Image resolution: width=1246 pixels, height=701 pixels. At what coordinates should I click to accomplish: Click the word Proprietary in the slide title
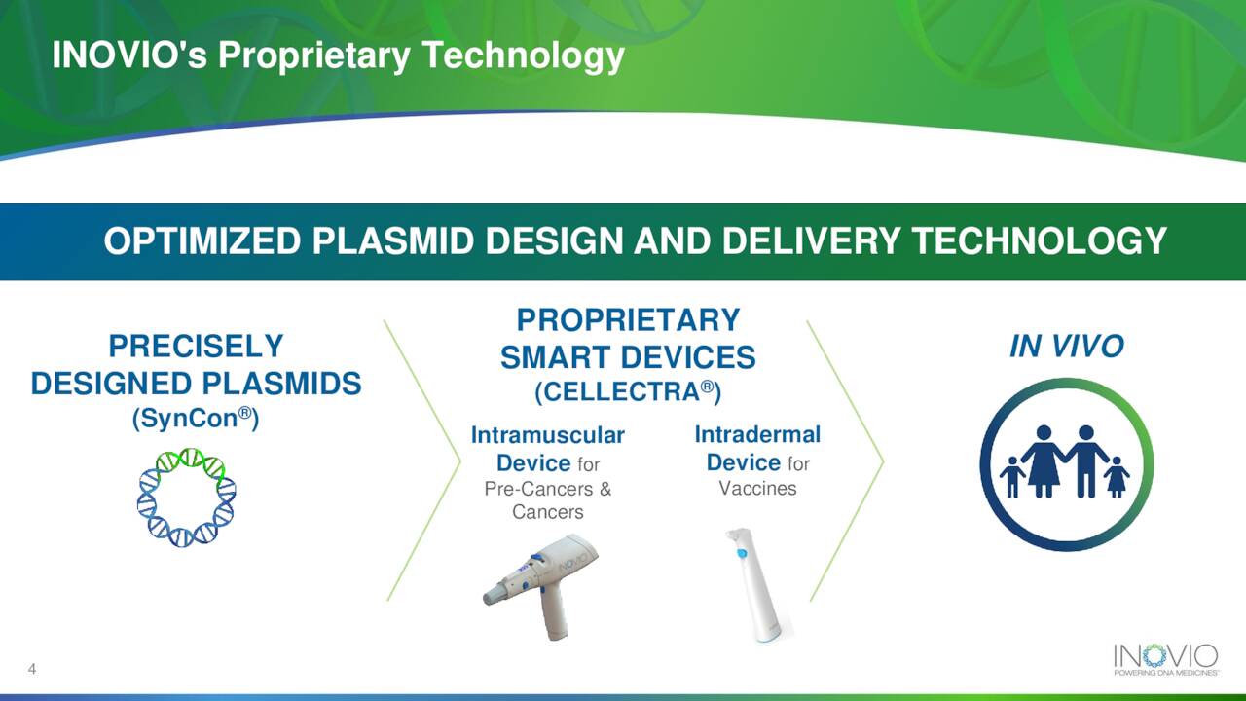(314, 55)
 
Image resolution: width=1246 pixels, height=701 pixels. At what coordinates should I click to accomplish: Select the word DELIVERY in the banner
(811, 241)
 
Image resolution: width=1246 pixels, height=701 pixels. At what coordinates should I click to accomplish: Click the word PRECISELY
(196, 346)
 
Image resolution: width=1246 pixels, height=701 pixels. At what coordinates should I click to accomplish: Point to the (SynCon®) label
(196, 418)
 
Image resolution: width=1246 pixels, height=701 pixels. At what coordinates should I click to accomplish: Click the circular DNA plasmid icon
(186, 497)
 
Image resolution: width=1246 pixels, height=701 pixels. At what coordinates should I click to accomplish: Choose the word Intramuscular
(548, 435)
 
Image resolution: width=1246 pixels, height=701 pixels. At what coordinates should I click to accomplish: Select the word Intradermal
(757, 434)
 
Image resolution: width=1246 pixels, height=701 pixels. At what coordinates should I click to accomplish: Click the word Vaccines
(757, 489)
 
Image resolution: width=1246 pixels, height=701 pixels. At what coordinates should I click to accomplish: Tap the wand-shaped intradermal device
(757, 585)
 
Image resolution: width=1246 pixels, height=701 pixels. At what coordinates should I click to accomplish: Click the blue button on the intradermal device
(742, 553)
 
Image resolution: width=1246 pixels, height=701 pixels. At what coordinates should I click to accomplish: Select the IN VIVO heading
(1066, 346)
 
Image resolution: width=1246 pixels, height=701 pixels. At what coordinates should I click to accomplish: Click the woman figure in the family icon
(1044, 461)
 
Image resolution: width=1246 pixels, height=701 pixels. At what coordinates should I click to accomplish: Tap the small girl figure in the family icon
(1116, 477)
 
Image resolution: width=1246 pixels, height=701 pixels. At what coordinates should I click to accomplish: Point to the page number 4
(32, 669)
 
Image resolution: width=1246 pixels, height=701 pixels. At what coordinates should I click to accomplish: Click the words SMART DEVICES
(628, 357)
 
